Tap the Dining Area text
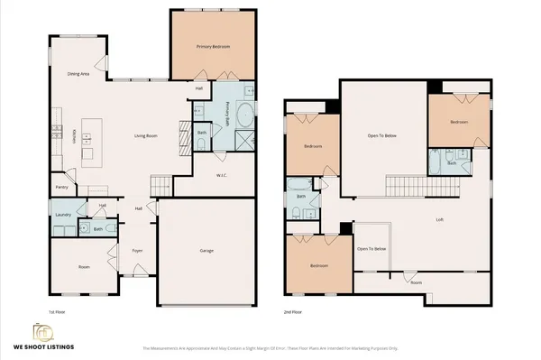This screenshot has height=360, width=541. [78, 74]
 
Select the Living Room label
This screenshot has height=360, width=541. [146, 135]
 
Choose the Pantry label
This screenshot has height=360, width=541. [62, 188]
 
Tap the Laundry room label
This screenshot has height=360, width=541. [62, 215]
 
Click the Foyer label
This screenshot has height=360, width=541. [138, 250]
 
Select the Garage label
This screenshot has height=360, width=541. [206, 250]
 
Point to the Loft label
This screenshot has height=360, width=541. [439, 219]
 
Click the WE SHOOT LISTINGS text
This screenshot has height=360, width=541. [43, 346]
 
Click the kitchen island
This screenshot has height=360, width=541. [89, 140]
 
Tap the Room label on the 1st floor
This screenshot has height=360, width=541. [84, 267]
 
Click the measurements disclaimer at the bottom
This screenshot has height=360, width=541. [270, 347]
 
